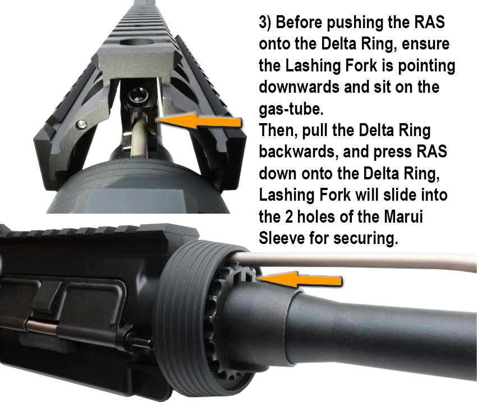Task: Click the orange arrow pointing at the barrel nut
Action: (300, 280)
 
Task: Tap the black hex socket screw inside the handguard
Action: (139, 96)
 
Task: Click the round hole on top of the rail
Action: (137, 43)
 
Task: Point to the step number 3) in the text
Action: (265, 22)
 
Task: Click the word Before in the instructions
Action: (299, 22)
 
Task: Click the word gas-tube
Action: (291, 109)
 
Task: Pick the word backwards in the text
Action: (299, 151)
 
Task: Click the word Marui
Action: (403, 216)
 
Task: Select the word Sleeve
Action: (282, 238)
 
